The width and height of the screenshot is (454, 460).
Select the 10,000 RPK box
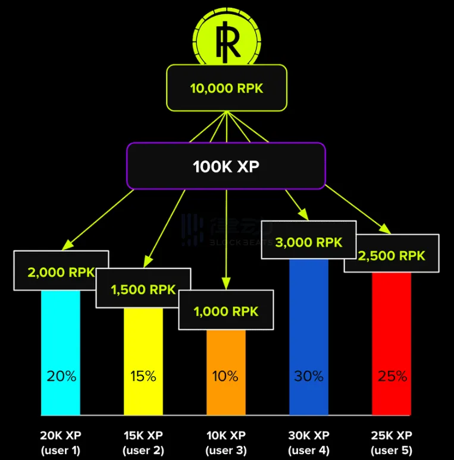coord(227,88)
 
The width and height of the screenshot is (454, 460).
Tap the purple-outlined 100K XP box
coord(226,166)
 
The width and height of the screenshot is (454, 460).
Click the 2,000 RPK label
coord(61,272)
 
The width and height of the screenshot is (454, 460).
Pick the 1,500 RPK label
coord(143,289)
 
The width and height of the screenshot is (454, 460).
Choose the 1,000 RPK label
coord(226,311)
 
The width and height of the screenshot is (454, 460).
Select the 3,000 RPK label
coord(308,242)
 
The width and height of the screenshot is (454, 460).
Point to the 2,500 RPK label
coord(392,256)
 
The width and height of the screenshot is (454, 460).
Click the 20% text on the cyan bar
coord(61,376)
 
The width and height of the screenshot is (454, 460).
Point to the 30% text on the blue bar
coord(308,376)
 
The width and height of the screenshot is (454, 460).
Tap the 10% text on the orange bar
coord(226,376)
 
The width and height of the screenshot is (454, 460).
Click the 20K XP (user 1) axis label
coord(61,442)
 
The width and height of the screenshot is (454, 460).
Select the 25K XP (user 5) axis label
coord(392,442)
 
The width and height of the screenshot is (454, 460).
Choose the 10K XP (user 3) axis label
coord(226,442)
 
